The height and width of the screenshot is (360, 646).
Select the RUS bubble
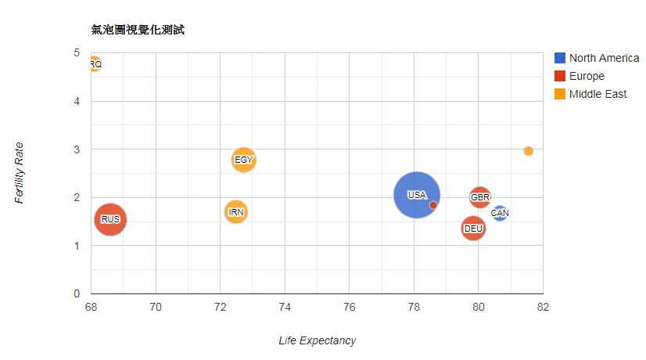click(110, 219)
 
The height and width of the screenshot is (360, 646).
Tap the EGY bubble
click(244, 160)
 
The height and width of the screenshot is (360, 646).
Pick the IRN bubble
click(235, 211)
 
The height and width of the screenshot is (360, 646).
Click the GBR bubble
click(480, 196)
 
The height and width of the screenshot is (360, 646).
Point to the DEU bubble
click(473, 229)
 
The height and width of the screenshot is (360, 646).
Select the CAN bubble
click(500, 213)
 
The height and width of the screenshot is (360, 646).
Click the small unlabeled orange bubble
click(529, 151)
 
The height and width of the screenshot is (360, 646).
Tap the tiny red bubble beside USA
click(433, 205)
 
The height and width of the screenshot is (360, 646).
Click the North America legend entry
click(603, 58)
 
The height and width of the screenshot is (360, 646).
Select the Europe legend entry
click(587, 76)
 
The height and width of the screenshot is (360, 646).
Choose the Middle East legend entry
click(598, 94)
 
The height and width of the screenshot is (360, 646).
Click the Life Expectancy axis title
click(317, 340)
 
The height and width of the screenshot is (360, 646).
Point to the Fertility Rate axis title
click(20, 172)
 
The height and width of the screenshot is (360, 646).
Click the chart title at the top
click(138, 30)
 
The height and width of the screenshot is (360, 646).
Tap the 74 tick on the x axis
click(285, 306)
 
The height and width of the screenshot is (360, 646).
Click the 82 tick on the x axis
click(543, 306)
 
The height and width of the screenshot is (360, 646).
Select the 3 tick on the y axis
click(77, 149)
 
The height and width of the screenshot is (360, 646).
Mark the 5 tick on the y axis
click(77, 53)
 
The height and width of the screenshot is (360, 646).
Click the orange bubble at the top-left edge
click(94, 64)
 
